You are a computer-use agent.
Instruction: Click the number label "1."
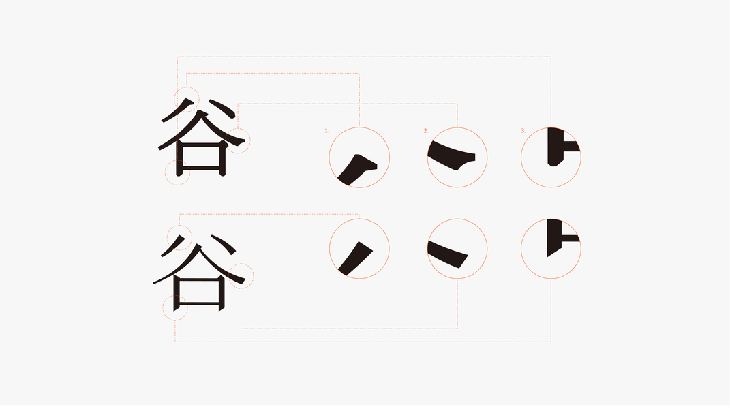(326, 130)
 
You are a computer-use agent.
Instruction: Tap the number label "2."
(425, 130)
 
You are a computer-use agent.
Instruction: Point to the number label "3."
(523, 130)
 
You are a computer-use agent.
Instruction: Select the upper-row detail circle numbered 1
(359, 157)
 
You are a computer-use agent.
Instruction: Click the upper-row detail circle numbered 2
(457, 157)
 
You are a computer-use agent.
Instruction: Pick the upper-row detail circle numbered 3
(551, 157)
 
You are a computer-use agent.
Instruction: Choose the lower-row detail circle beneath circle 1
(359, 249)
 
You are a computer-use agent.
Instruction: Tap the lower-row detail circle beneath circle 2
(457, 249)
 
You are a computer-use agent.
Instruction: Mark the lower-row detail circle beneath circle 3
(551, 249)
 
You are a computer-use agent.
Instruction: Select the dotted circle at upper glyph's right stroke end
(238, 140)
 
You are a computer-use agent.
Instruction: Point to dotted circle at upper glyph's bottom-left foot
(178, 173)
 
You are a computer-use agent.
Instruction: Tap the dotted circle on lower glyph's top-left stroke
(180, 237)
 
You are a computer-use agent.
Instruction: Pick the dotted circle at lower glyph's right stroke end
(241, 276)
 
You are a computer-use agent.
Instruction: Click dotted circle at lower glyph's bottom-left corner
(174, 308)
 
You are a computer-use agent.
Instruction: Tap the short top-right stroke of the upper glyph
(223, 108)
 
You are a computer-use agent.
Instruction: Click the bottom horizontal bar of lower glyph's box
(199, 303)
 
